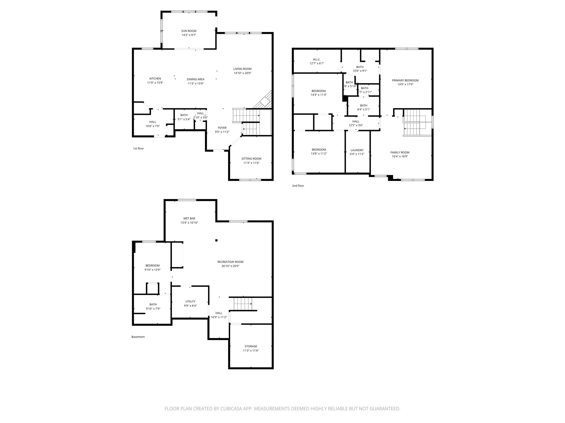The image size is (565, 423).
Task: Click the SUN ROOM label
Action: (189, 31)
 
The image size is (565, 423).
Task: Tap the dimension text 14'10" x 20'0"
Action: (242, 73)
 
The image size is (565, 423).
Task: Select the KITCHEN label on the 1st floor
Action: (155, 79)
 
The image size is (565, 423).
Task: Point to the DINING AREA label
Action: (195, 79)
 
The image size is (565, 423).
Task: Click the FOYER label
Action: (222, 128)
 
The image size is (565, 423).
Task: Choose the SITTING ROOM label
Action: (251, 159)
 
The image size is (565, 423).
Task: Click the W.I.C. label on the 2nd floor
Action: (317, 59)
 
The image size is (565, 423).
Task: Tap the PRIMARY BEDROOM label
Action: (405, 80)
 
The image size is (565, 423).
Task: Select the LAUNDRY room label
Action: (357, 150)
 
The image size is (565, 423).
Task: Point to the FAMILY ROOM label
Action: (399, 153)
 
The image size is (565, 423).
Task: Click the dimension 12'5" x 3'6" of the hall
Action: (356, 125)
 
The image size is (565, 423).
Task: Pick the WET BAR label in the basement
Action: (189, 218)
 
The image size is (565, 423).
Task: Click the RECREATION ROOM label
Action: (230, 262)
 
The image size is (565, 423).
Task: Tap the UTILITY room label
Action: (190, 302)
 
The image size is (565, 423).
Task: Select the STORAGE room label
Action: (250, 346)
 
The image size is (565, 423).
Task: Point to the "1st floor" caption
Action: (138, 148)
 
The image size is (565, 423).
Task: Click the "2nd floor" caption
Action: (298, 186)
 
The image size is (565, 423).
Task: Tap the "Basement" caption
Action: (138, 337)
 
